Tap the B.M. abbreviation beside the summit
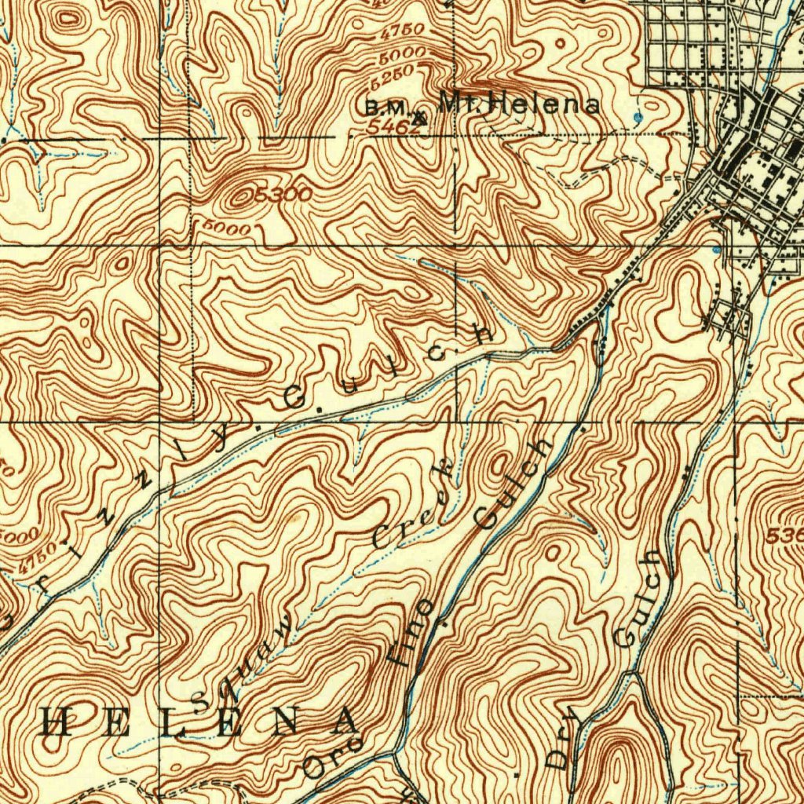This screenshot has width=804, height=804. (385, 108)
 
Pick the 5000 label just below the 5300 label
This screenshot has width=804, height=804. (226, 228)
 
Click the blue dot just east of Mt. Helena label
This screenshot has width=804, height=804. (638, 117)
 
